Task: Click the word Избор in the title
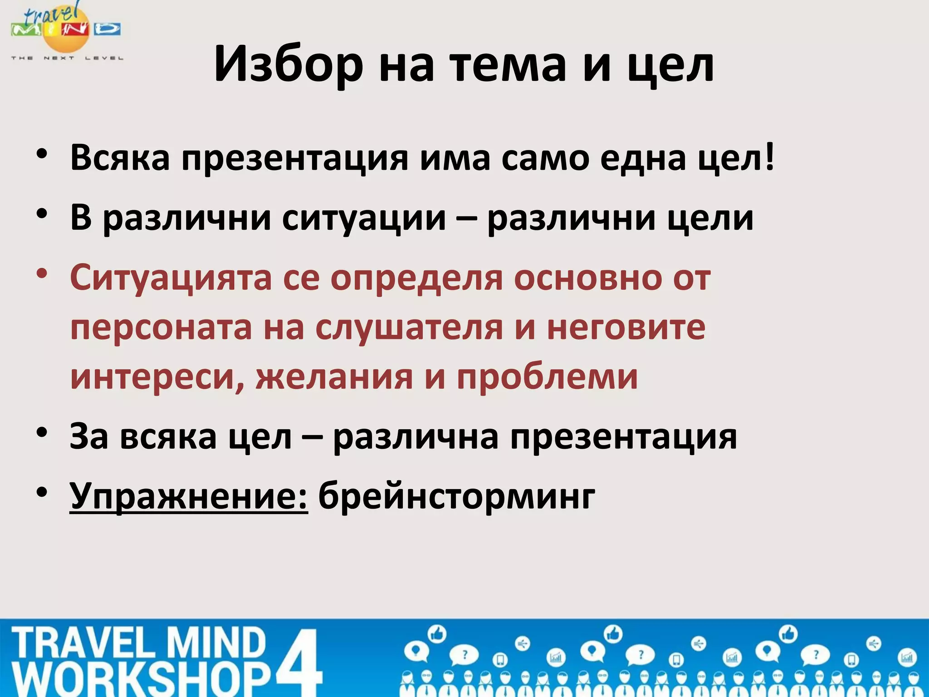tap(288, 64)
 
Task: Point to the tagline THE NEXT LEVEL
tap(67, 58)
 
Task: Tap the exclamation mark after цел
tap(769, 157)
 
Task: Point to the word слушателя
tap(409, 328)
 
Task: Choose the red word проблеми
tap(547, 377)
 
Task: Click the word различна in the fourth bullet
tap(416, 437)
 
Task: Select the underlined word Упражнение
tap(189, 496)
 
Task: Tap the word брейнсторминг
tap(456, 496)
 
